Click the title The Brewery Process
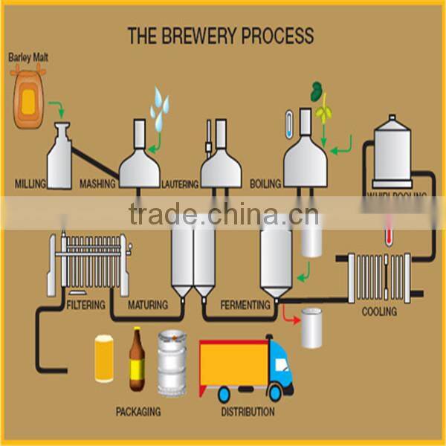(x=220, y=36)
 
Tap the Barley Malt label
(x=28, y=56)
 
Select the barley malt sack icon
(x=28, y=96)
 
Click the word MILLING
(x=30, y=183)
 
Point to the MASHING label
(x=97, y=183)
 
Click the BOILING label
(x=265, y=183)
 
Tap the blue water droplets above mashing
(x=159, y=108)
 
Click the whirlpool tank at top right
(x=392, y=152)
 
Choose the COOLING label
(x=379, y=311)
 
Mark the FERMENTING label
(x=245, y=305)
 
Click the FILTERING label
(x=85, y=305)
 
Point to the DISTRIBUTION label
(x=248, y=411)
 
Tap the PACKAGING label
(x=138, y=411)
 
